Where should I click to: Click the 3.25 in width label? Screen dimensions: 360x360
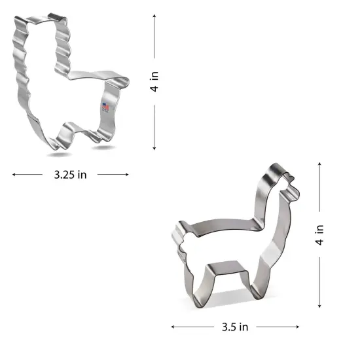71,175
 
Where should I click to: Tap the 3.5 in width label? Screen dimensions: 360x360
234,325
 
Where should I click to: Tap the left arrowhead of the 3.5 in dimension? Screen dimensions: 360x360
173,325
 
